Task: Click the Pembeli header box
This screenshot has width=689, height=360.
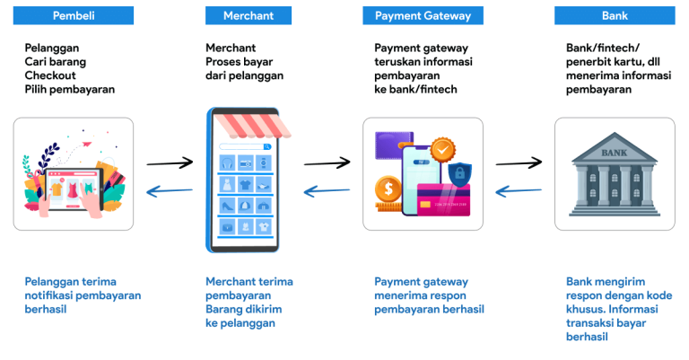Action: click(74, 15)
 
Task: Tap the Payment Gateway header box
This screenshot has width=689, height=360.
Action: click(423, 15)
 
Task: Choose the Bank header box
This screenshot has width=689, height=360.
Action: click(614, 15)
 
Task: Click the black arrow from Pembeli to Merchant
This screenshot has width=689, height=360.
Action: click(170, 163)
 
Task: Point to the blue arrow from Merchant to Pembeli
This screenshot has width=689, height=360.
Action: click(170, 190)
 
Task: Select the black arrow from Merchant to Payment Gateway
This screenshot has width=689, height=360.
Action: click(327, 163)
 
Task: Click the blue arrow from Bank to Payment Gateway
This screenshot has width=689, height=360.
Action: click(519, 190)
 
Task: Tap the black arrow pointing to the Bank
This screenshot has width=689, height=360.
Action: click(519, 163)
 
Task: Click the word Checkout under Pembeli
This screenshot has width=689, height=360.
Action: click(50, 75)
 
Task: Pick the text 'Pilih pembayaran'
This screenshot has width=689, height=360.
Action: click(70, 90)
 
